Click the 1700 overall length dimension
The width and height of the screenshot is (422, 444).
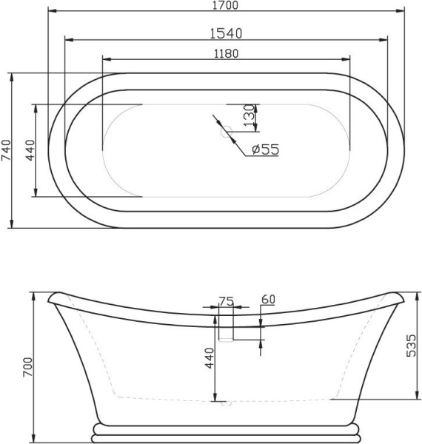225,6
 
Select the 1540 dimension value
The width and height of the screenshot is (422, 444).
225,33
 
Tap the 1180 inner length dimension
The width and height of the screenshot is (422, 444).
225,53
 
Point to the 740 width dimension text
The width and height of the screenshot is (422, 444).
7,151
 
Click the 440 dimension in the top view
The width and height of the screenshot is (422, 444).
30,151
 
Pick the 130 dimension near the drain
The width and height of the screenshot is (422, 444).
250,114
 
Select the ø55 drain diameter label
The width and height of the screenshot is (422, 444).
264,149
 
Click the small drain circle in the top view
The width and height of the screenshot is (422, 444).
227,133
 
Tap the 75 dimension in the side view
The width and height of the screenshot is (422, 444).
226,300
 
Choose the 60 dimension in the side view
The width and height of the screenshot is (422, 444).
268,299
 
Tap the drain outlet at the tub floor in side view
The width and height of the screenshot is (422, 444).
227,404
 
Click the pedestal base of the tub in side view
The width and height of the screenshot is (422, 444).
227,432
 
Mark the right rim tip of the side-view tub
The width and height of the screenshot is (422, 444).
401,298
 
